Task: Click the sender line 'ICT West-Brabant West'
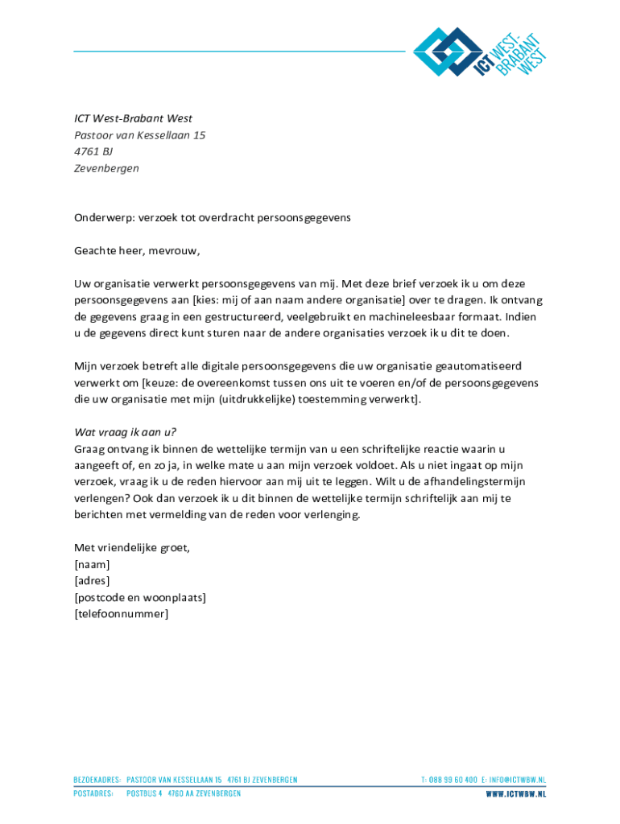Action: (133, 118)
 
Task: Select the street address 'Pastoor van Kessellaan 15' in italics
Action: (139, 135)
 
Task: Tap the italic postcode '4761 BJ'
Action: (93, 152)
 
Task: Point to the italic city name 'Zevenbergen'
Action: (106, 169)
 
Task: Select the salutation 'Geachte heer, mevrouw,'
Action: (137, 251)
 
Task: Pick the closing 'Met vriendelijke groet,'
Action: (132, 548)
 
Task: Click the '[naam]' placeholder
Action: (92, 565)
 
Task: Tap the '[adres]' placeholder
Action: (92, 581)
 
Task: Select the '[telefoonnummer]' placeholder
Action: (122, 614)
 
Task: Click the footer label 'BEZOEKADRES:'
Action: (97, 780)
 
